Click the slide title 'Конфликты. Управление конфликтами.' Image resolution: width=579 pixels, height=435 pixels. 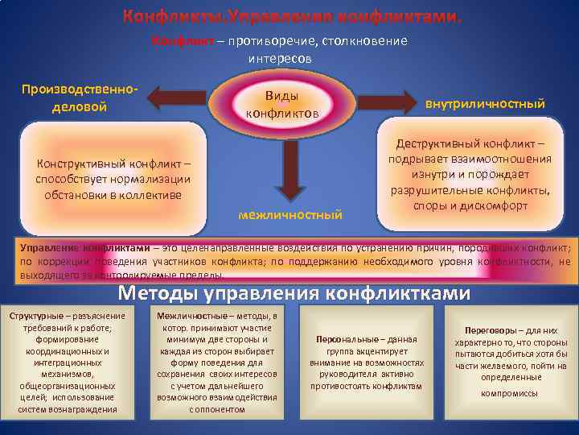[293, 17]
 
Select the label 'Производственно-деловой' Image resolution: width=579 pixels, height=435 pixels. [80, 97]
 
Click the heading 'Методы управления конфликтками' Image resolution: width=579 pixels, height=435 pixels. [294, 294]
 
